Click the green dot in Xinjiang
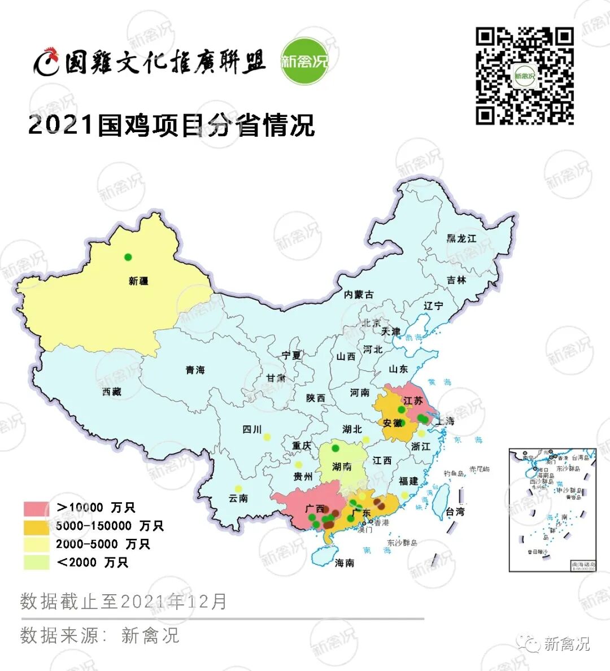point(128,257)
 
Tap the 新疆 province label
point(138,281)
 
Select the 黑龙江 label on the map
point(461,238)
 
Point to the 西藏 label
point(112,391)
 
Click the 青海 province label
point(195,370)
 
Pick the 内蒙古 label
point(359,294)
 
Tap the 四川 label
point(252,429)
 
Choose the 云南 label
point(238,498)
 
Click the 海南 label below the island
point(345,563)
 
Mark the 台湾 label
point(455,512)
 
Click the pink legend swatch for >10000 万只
point(36,508)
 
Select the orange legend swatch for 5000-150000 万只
point(36,526)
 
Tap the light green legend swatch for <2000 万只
point(36,563)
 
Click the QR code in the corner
point(525,76)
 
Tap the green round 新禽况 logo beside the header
point(304,61)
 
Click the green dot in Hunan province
point(335,448)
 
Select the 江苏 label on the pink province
point(413,400)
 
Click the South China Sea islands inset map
point(552,510)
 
